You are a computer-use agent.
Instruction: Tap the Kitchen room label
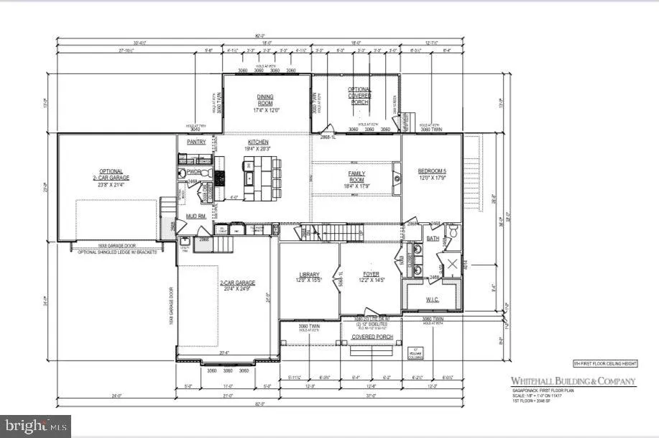[258, 142]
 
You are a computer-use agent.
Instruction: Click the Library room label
[308, 274]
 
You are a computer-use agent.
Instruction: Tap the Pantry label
[196, 142]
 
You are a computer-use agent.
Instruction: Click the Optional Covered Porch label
[359, 95]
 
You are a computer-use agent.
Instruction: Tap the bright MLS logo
[36, 426]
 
